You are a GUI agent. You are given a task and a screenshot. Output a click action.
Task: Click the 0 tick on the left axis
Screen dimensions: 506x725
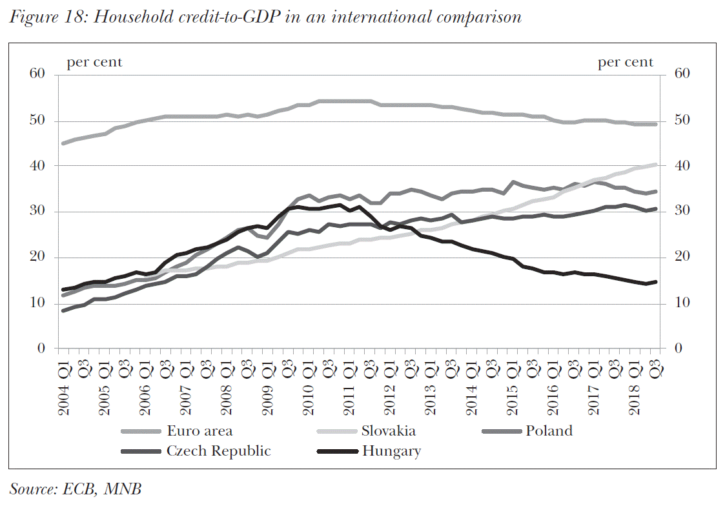[41, 349]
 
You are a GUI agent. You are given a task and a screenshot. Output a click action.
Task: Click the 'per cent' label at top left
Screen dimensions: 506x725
[94, 62]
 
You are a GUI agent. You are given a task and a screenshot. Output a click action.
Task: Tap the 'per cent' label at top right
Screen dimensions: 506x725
[625, 62]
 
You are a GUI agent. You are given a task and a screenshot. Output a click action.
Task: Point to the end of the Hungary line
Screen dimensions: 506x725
[656, 281]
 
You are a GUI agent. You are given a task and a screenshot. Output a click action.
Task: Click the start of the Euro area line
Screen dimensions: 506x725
[63, 143]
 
